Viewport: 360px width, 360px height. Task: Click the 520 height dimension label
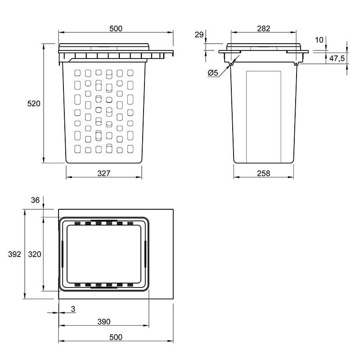pos(34,103)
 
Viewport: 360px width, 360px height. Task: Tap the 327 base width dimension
pos(104,173)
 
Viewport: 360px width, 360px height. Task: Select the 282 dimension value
pos(264,28)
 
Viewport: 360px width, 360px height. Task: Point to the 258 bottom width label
pos(264,173)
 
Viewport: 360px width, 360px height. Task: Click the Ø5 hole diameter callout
pos(213,73)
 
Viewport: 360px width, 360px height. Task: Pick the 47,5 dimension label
pos(337,58)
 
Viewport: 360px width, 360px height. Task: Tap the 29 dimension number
pos(199,35)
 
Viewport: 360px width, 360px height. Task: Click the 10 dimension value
pos(319,40)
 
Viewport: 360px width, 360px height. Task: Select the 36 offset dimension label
pos(35,200)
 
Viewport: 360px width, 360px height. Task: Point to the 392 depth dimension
pos(14,254)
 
